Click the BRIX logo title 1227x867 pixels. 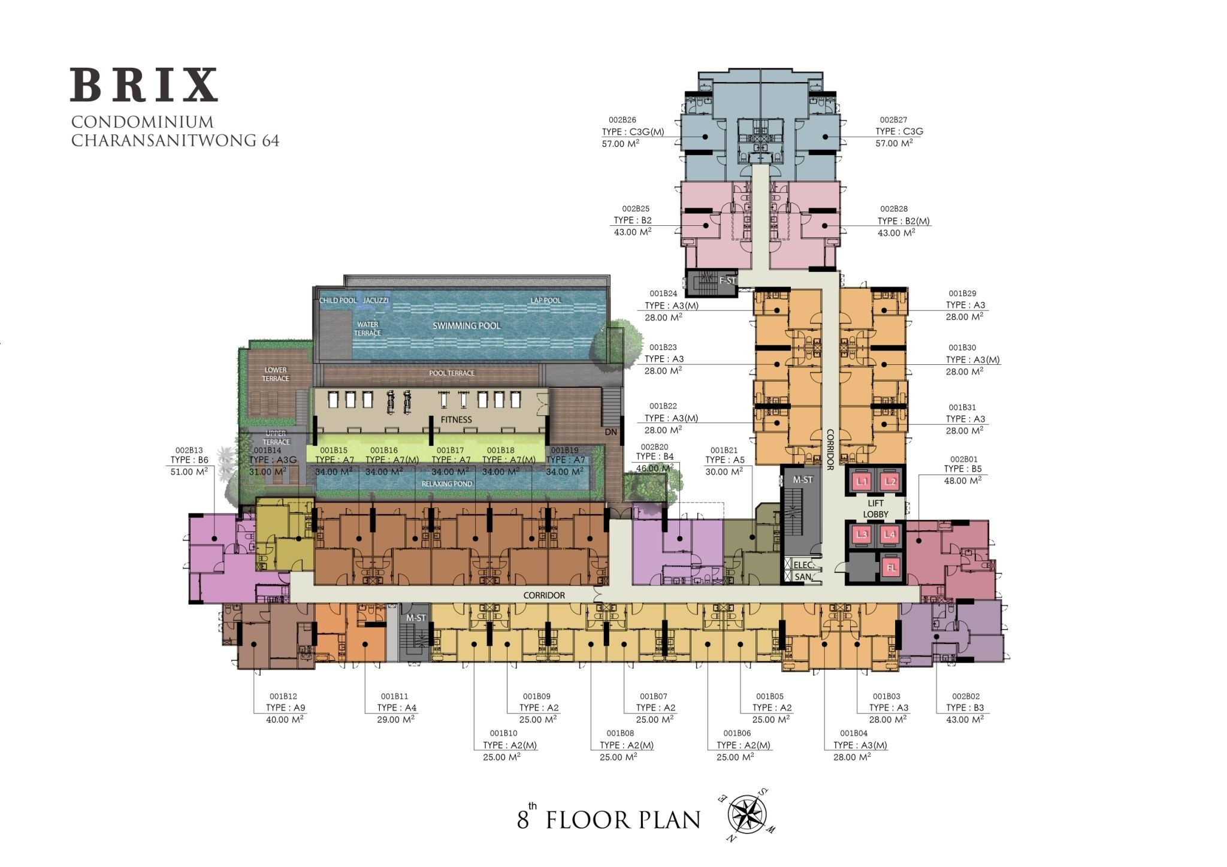(x=144, y=85)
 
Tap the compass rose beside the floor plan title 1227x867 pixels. (x=747, y=813)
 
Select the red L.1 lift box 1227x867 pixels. (x=862, y=481)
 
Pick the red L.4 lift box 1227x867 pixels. (x=891, y=535)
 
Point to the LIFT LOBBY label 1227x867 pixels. (x=875, y=509)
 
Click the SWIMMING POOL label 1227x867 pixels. (x=467, y=325)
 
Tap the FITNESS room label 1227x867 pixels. (x=456, y=419)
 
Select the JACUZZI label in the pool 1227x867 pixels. (x=376, y=300)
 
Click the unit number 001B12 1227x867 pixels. (x=283, y=696)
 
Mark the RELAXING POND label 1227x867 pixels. (x=447, y=484)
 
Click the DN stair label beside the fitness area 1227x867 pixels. (x=611, y=432)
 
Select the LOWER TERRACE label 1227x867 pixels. (x=276, y=374)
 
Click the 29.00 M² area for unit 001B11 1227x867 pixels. (x=396, y=719)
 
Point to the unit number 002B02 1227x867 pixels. (x=966, y=696)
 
